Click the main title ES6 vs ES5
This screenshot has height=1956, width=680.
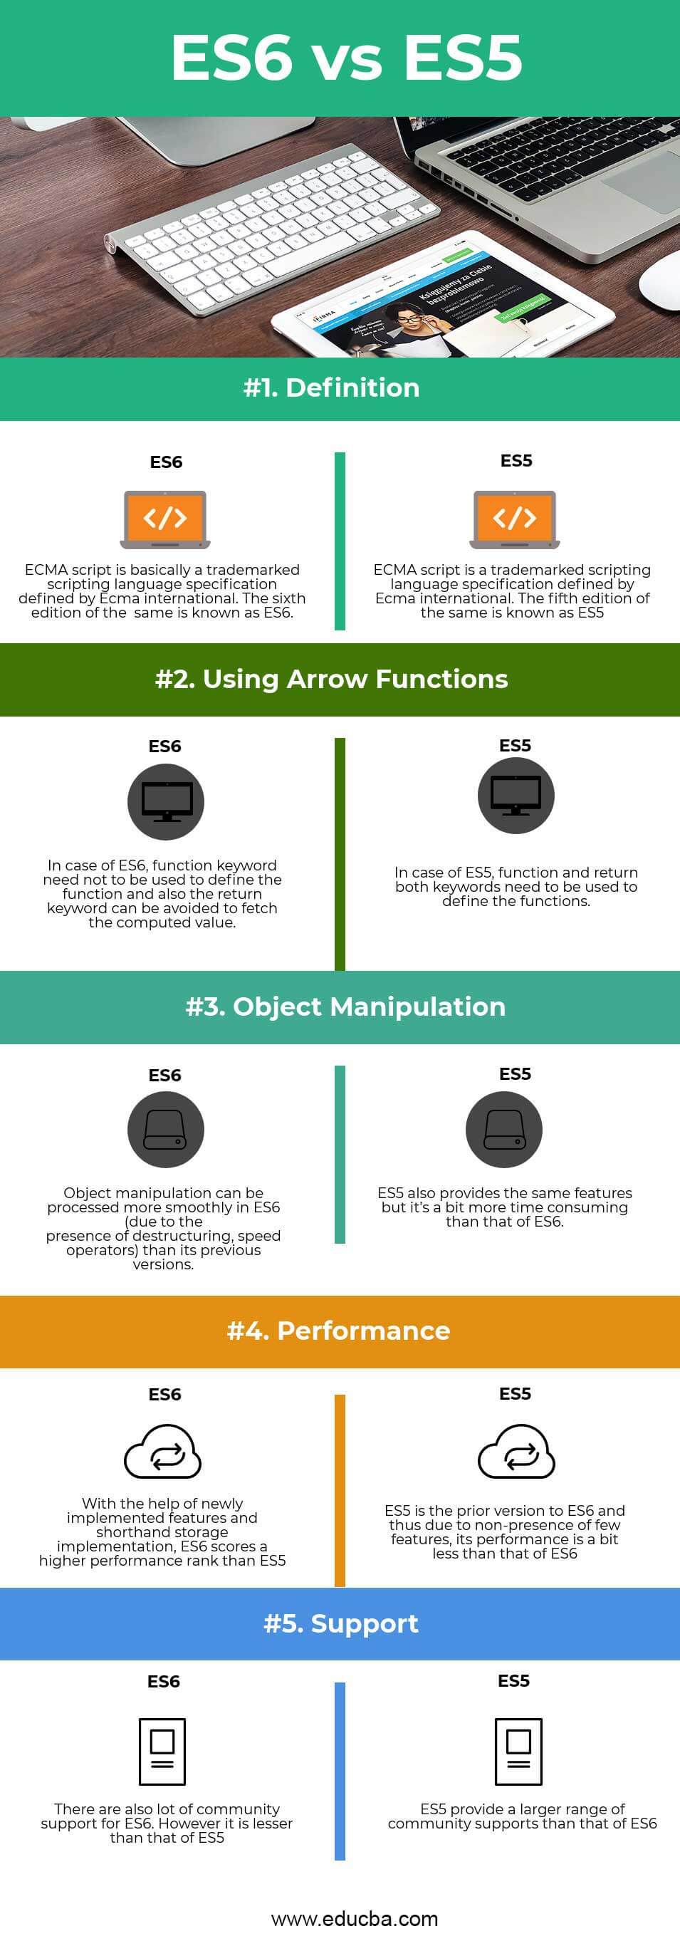pyautogui.click(x=346, y=58)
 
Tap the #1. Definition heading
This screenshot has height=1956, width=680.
pyautogui.click(x=332, y=388)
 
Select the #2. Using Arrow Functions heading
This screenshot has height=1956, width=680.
pyautogui.click(x=332, y=679)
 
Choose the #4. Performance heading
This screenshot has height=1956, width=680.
pyautogui.click(x=338, y=1331)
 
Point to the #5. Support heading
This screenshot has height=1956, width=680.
pyautogui.click(x=341, y=1623)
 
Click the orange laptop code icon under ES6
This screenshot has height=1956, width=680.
pyautogui.click(x=164, y=519)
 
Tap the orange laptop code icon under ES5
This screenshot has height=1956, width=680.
pyautogui.click(x=515, y=519)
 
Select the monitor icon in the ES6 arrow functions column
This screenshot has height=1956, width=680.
pyautogui.click(x=165, y=802)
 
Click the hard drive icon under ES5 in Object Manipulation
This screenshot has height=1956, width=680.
pyautogui.click(x=504, y=1129)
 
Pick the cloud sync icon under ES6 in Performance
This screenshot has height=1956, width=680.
pyautogui.click(x=162, y=1452)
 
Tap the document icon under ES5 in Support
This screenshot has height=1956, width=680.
pyautogui.click(x=518, y=1750)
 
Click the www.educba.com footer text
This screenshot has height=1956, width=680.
pyautogui.click(x=355, y=1919)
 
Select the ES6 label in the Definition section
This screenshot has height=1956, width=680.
pyautogui.click(x=166, y=462)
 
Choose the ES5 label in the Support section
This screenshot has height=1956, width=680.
pyautogui.click(x=514, y=1680)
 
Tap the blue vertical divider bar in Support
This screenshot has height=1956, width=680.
pyautogui.click(x=340, y=1771)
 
